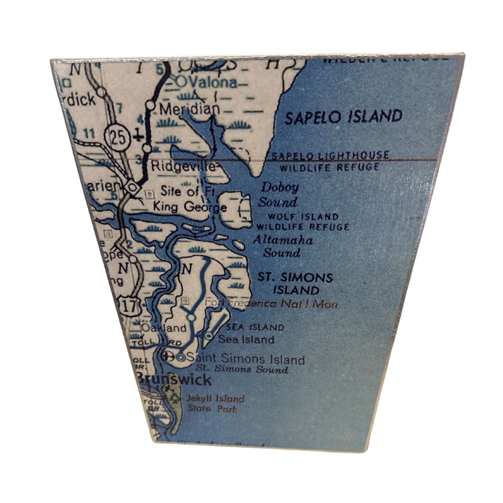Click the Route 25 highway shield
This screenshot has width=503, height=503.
click(x=115, y=134)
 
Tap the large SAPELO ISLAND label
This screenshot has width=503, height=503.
click(x=343, y=117)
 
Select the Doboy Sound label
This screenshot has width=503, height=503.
click(x=280, y=194)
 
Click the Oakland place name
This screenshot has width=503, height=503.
click(x=164, y=328)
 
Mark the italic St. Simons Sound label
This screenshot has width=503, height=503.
click(x=242, y=369)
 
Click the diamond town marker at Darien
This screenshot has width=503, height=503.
click(x=131, y=187)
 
